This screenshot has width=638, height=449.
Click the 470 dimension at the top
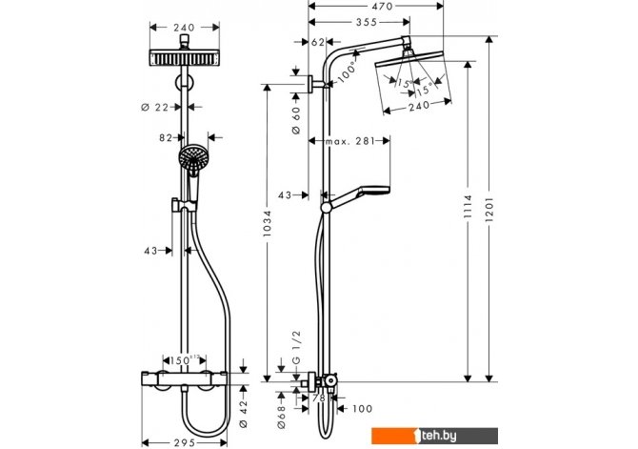click(x=382, y=6)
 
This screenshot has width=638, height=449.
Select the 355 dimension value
click(x=367, y=22)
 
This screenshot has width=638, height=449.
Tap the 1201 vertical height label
click(x=489, y=210)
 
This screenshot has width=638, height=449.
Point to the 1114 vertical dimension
click(x=468, y=206)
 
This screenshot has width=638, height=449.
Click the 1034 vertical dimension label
click(x=267, y=223)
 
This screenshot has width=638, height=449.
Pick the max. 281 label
click(x=349, y=141)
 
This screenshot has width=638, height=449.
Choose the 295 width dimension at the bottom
click(x=185, y=442)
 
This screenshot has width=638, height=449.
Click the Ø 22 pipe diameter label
click(x=154, y=107)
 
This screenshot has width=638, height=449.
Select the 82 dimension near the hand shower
click(x=166, y=138)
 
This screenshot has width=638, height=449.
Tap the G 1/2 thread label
click(x=296, y=347)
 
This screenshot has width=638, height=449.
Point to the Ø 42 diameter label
click(x=244, y=413)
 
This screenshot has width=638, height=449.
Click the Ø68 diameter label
click(x=281, y=418)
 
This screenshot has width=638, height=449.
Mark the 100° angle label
click(x=347, y=72)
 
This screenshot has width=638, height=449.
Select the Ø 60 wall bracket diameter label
click(x=296, y=120)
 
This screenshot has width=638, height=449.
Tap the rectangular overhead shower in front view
click(x=185, y=58)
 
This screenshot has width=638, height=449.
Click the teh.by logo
click(x=434, y=436)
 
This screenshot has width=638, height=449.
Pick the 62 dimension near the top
click(x=318, y=42)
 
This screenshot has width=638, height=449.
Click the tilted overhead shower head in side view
click(x=409, y=58)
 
